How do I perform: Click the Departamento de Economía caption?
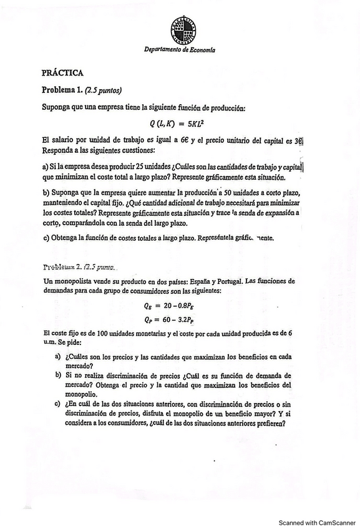180,49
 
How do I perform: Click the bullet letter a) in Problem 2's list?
58,356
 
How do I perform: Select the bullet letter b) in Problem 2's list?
58,376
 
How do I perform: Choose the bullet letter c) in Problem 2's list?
58,404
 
